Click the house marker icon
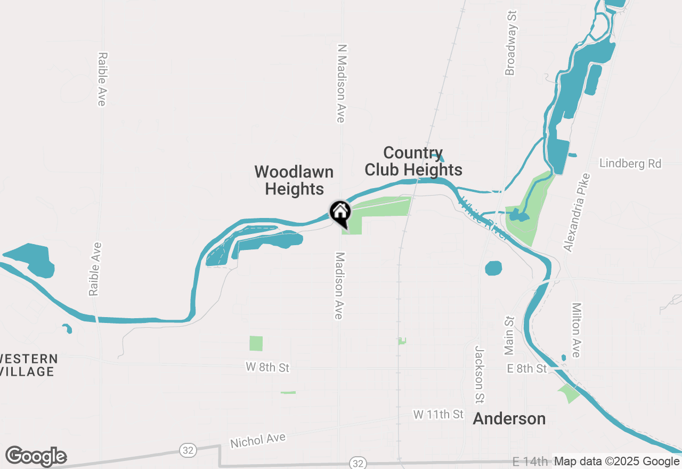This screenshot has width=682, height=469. point(340,213)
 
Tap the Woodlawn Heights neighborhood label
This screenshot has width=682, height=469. point(294,180)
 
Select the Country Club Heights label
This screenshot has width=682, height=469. point(413,161)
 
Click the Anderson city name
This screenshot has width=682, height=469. point(509,419)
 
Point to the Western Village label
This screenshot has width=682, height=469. point(28,365)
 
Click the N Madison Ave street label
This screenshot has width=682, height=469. point(341,83)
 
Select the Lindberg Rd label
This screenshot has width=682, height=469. point(630,164)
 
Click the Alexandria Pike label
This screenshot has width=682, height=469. point(577,212)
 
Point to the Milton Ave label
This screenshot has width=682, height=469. point(576,330)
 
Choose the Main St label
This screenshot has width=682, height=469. point(510,336)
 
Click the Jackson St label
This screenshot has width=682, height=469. point(480,374)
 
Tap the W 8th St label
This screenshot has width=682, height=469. point(267,368)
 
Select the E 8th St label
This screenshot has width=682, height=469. point(526,369)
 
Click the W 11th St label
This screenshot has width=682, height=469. point(438,414)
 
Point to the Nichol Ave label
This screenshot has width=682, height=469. point(258,440)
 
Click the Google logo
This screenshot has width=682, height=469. point(36,456)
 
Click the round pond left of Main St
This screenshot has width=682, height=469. point(494,268)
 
